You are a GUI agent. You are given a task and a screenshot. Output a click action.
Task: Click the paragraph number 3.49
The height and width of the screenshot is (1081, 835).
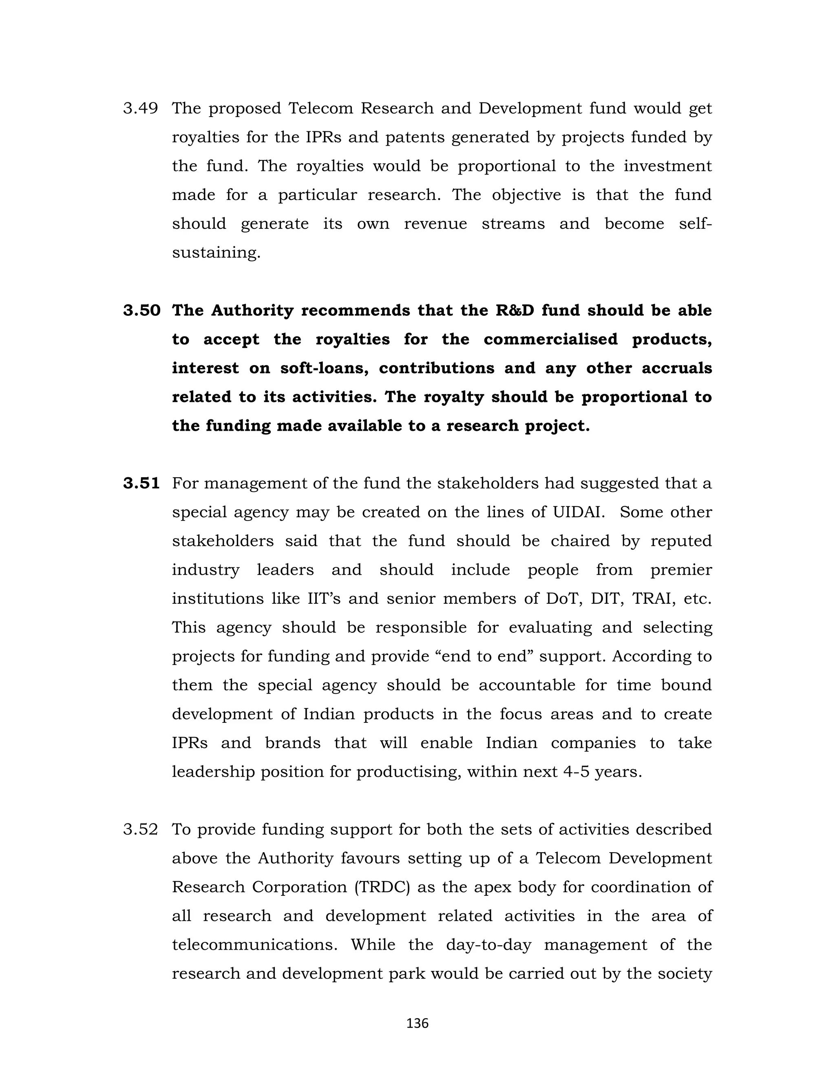141,109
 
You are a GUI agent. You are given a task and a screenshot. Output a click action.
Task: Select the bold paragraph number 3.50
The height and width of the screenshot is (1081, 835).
141,311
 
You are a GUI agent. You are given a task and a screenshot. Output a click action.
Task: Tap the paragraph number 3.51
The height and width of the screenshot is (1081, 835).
141,483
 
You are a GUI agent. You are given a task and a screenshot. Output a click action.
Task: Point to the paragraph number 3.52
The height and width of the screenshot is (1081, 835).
141,830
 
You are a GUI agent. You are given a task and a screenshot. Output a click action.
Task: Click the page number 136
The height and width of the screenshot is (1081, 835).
417,1023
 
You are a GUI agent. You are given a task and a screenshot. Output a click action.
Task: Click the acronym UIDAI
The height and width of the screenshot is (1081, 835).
578,512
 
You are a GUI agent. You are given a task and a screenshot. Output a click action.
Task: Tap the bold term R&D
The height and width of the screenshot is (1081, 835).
515,311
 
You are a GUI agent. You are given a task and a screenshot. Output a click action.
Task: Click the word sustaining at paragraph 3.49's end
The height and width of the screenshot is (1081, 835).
216,253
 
